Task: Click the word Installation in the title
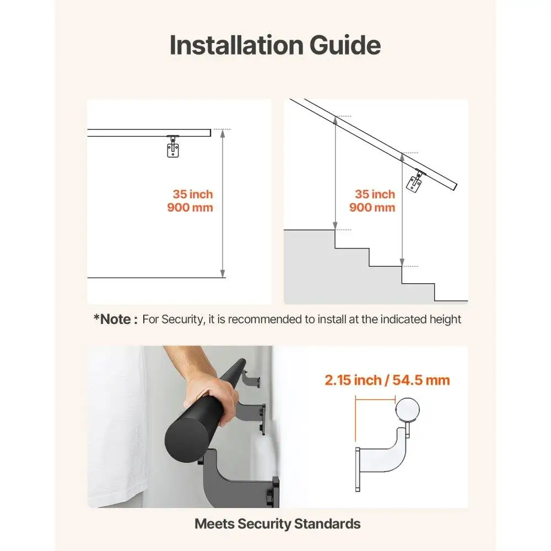point(235,45)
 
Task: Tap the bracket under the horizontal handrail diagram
point(174,147)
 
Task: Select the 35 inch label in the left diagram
point(192,195)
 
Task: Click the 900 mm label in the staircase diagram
point(372,208)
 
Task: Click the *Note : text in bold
point(115,319)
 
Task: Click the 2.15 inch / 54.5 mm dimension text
point(387,380)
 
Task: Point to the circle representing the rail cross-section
point(407,411)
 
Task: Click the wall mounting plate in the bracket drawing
point(358,468)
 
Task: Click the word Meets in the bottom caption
point(214,524)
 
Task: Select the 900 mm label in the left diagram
point(190,208)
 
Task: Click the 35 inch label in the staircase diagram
point(375,195)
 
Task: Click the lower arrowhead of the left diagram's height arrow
point(223,273)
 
